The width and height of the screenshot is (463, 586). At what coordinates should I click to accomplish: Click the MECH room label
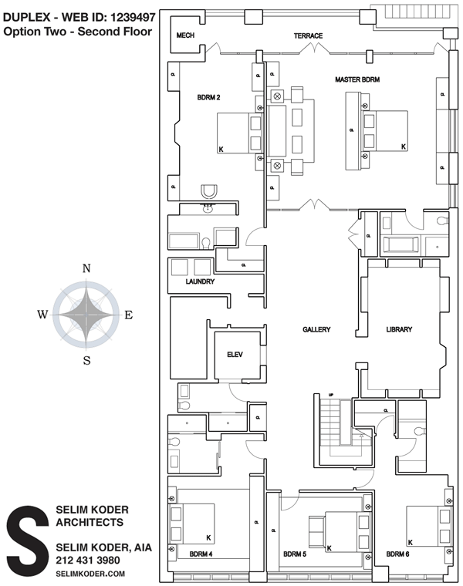click(x=185, y=35)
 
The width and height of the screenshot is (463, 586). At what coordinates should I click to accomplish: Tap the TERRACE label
click(x=308, y=35)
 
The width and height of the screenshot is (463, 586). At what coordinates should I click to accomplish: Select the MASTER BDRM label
click(x=357, y=80)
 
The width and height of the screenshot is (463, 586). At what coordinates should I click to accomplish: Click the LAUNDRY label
click(x=199, y=282)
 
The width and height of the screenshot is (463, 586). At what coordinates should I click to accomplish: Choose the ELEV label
click(x=235, y=355)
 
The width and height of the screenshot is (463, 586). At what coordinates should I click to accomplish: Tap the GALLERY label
click(x=316, y=329)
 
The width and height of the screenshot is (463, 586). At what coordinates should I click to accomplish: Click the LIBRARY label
click(x=399, y=329)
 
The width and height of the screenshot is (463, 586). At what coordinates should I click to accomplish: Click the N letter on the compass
click(x=87, y=268)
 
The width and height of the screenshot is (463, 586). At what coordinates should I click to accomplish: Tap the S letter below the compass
click(x=87, y=359)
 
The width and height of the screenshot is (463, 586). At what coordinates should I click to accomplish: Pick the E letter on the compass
click(x=129, y=315)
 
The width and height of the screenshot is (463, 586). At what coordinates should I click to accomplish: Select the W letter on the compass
click(x=42, y=315)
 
